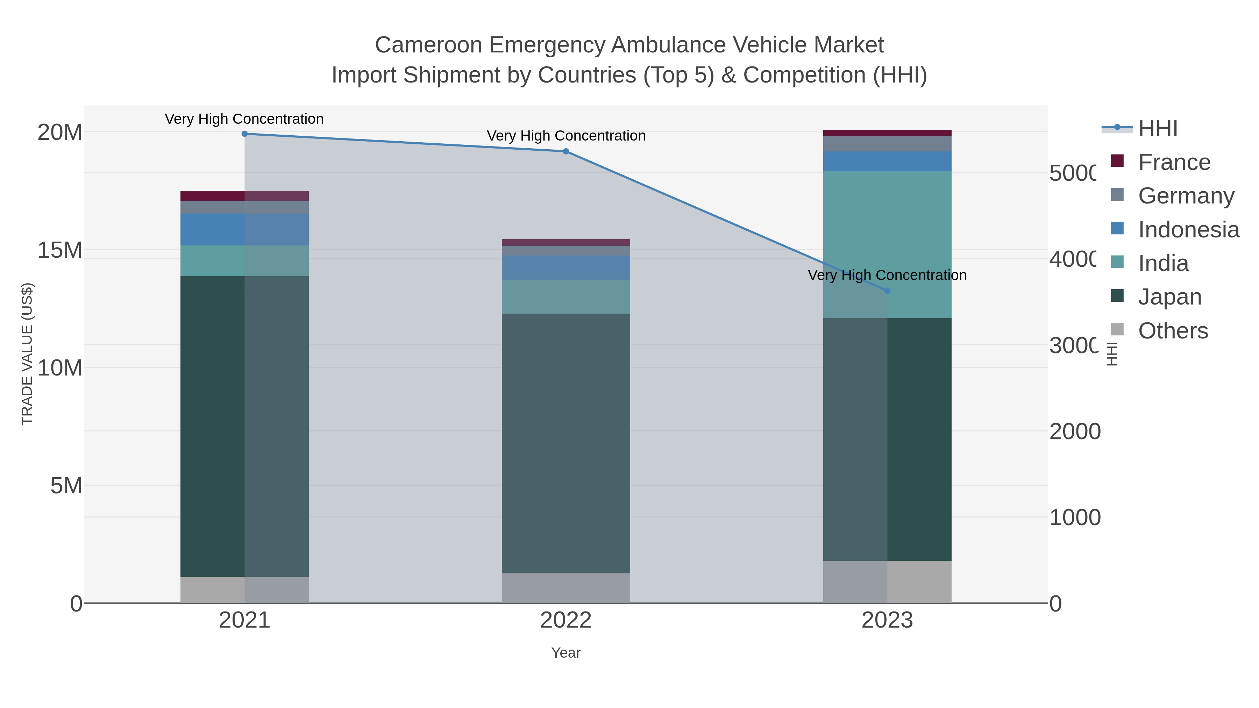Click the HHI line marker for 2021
(244, 134)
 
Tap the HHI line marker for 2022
(566, 151)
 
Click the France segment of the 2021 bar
(244, 195)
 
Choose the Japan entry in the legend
(1169, 296)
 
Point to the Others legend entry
(1172, 330)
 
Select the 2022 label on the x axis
(566, 620)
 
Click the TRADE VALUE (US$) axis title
(27, 354)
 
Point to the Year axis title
(566, 652)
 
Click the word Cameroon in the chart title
(428, 45)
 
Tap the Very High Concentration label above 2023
(887, 275)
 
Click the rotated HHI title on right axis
(1112, 354)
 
